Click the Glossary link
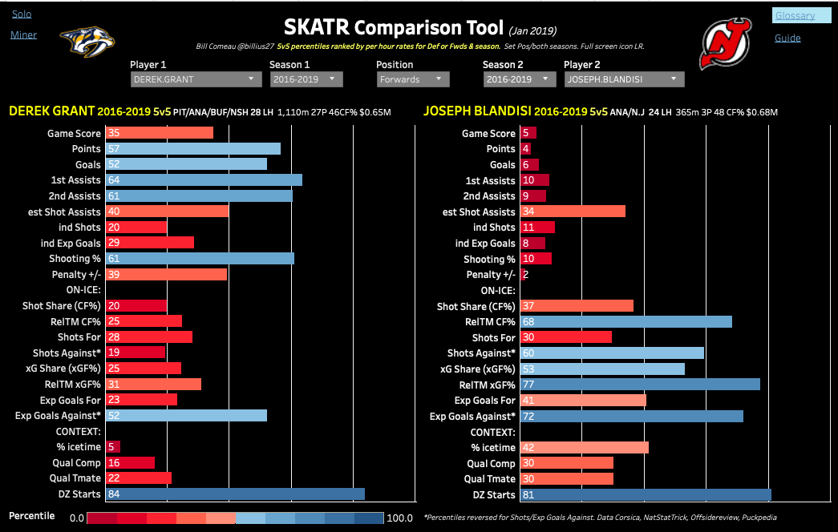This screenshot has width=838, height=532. point(795,15)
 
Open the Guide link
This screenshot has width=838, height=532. point(787,38)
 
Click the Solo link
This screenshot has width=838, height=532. point(22,14)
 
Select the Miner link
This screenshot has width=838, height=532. point(23,35)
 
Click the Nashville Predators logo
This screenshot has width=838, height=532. point(87,41)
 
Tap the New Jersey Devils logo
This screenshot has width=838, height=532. point(727,45)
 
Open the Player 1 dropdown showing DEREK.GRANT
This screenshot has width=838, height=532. point(196,79)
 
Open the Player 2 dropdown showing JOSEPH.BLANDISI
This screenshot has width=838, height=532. point(624,79)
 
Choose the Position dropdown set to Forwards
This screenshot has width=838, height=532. point(413,79)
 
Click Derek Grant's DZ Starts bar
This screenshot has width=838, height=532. point(235,494)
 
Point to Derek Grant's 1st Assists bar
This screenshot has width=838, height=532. point(204,180)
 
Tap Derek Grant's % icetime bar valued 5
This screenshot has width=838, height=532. point(113,447)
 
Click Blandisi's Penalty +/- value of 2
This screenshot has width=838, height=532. point(525,275)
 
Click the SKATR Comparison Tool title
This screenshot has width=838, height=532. point(393,30)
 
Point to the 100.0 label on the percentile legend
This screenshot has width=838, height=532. point(398,518)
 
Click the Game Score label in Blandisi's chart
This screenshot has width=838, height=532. point(488,134)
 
